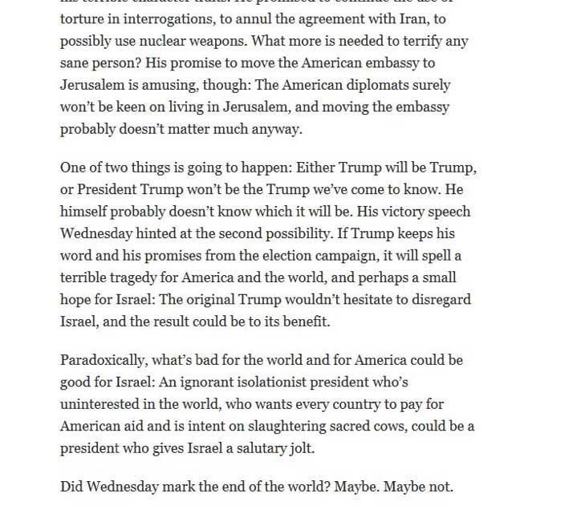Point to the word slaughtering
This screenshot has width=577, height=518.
(299, 427)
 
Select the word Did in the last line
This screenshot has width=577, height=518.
(71, 487)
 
